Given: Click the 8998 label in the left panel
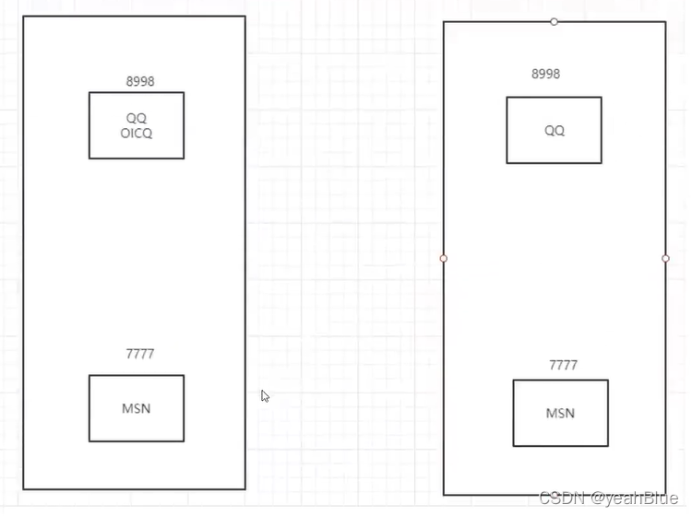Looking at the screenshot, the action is (x=140, y=81).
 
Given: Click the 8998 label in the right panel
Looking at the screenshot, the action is (x=545, y=74).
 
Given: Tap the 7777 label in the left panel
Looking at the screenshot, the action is (x=140, y=354).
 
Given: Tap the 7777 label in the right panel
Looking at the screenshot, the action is (x=563, y=365).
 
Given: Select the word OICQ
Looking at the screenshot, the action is (x=137, y=133).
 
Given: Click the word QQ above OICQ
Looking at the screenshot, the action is (x=137, y=119).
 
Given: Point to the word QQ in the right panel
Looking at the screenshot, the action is (x=554, y=131).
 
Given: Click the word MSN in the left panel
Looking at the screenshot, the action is (x=137, y=408).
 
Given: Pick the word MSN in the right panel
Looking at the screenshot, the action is (x=560, y=413).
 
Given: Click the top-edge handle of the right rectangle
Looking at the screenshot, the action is (x=554, y=21).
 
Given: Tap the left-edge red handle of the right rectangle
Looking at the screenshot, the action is (x=444, y=259).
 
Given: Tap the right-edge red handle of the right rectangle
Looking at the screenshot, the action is (x=665, y=259).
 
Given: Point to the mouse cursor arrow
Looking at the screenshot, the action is (x=265, y=395).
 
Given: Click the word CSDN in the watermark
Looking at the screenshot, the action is (x=560, y=498).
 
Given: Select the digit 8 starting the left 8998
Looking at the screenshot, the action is (x=130, y=81).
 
